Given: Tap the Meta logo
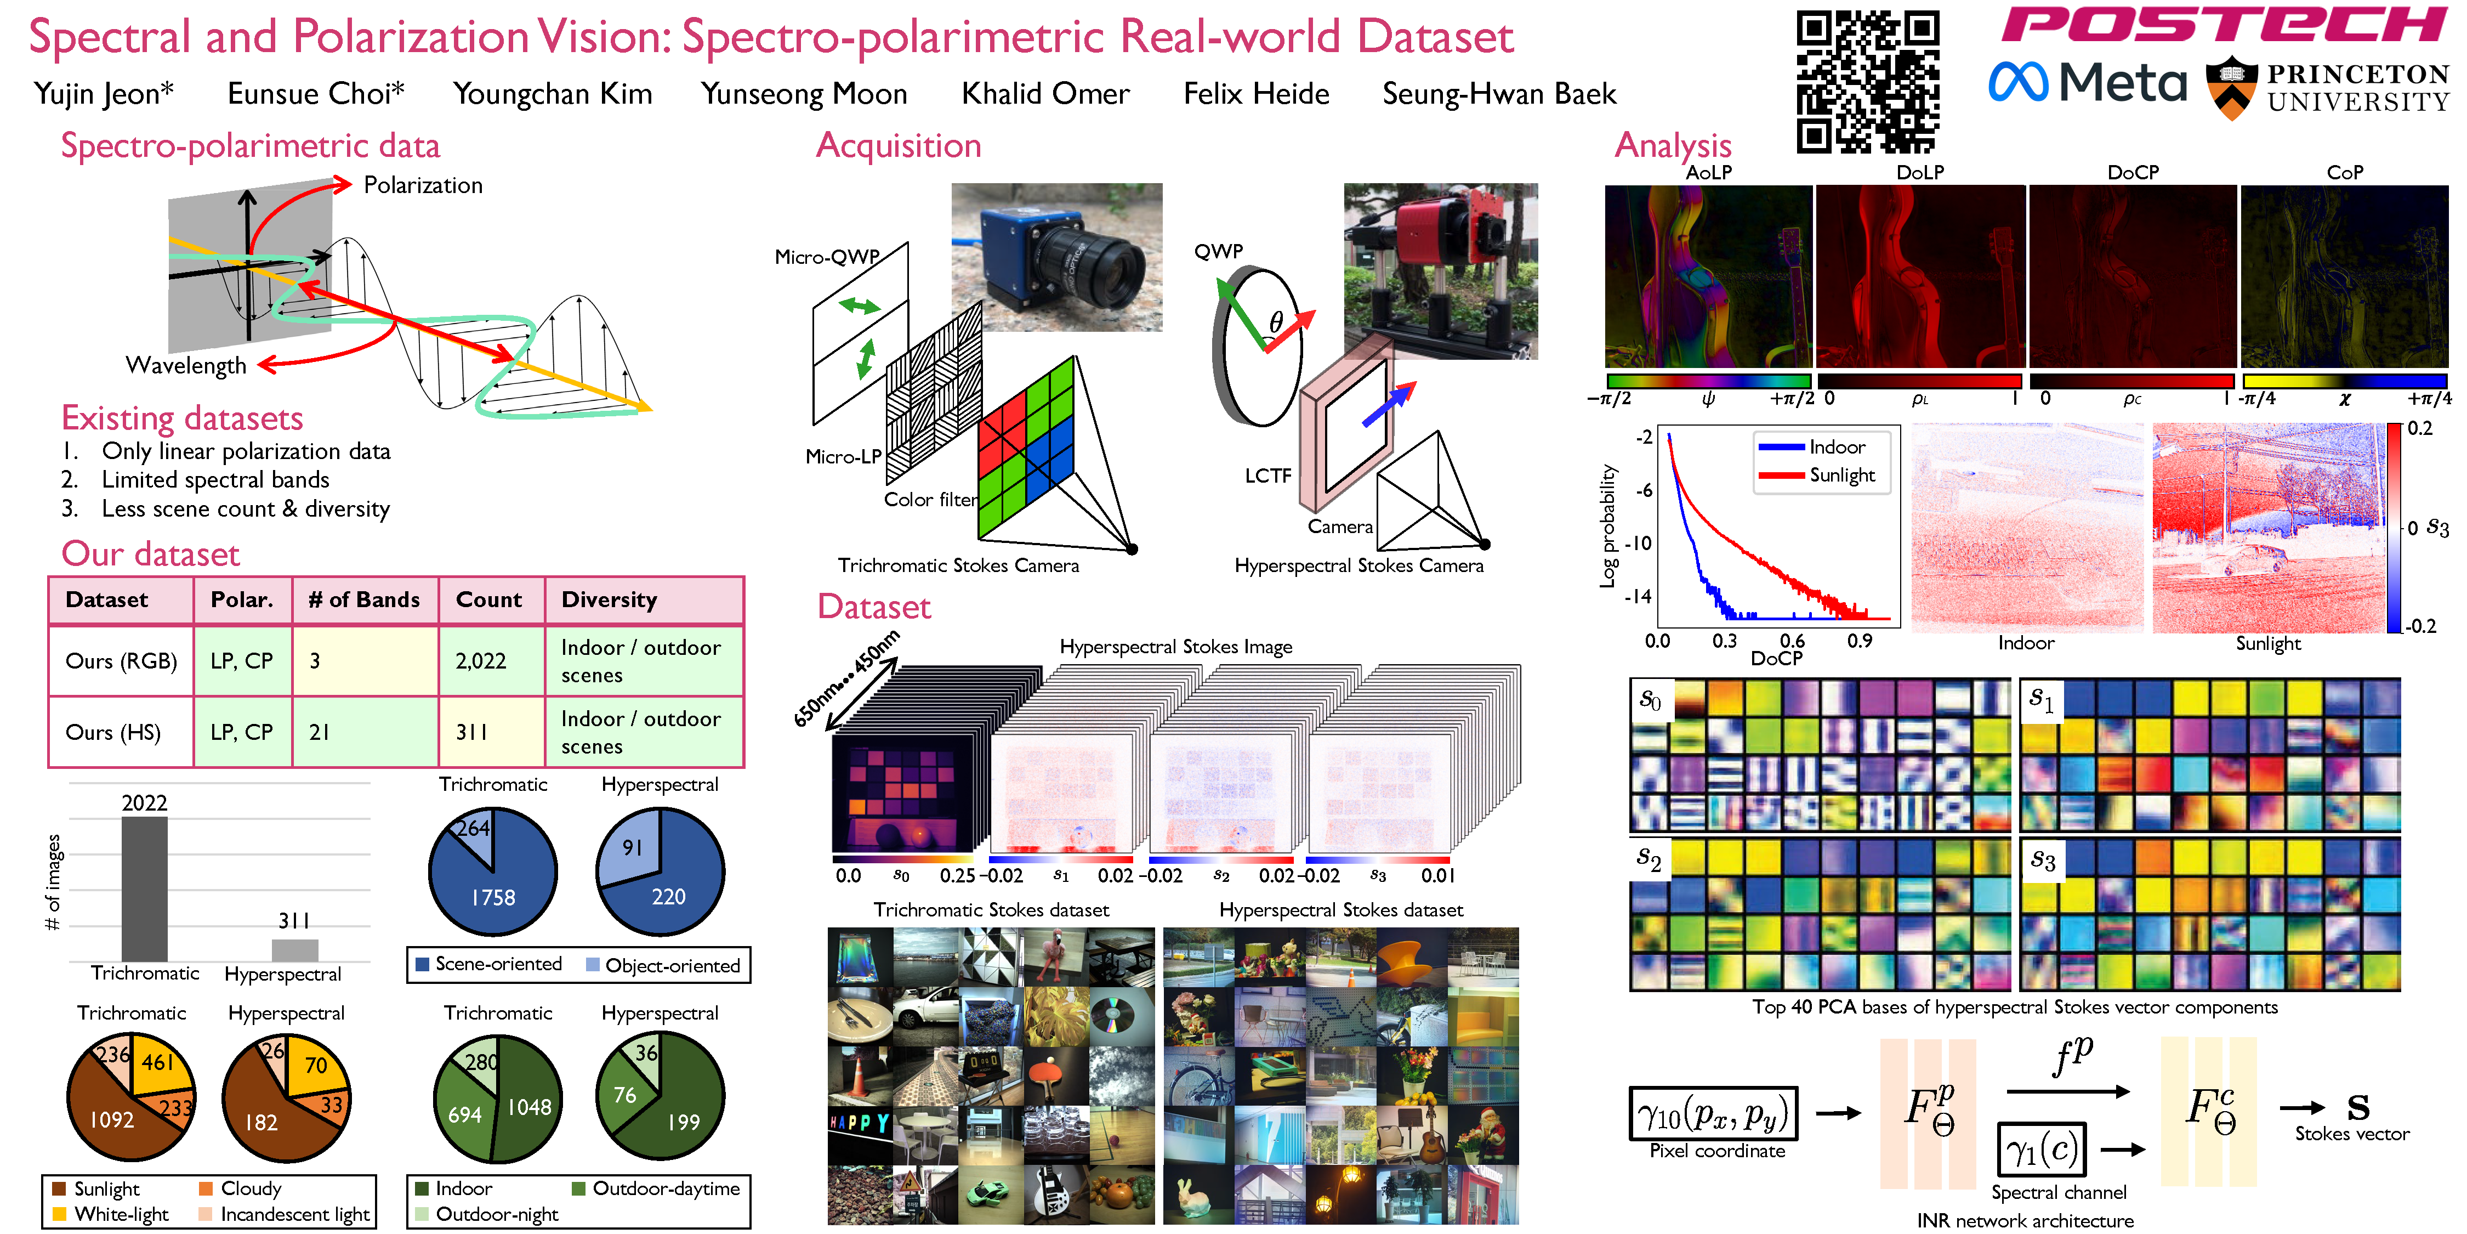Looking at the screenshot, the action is (2088, 82).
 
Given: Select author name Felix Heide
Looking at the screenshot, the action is (1257, 94).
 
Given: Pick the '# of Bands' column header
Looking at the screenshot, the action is (364, 600).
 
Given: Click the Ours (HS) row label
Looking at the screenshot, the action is (113, 732).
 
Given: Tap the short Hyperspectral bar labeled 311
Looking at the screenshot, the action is (295, 950).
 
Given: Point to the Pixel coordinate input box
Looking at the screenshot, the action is (1713, 1113).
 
